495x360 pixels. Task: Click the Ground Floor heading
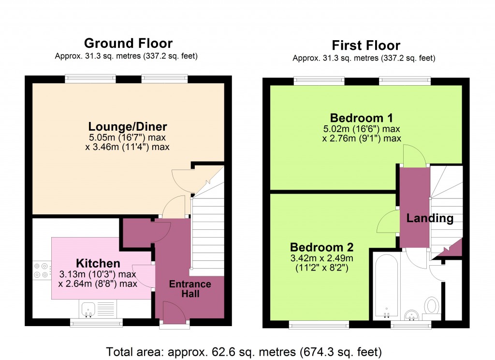pyautogui.click(x=128, y=44)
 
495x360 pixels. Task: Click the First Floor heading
pyautogui.click(x=365, y=45)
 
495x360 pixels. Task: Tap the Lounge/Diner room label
pyautogui.click(x=128, y=127)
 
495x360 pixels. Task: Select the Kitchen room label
pyautogui.click(x=98, y=263)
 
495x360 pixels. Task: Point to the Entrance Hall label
pyautogui.click(x=190, y=289)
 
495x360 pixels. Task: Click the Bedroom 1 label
pyautogui.click(x=361, y=118)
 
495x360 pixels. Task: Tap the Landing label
pyautogui.click(x=430, y=218)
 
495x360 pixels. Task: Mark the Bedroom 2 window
pyautogui.click(x=319, y=325)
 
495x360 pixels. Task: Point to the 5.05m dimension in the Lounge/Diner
pyautogui.click(x=100, y=137)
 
